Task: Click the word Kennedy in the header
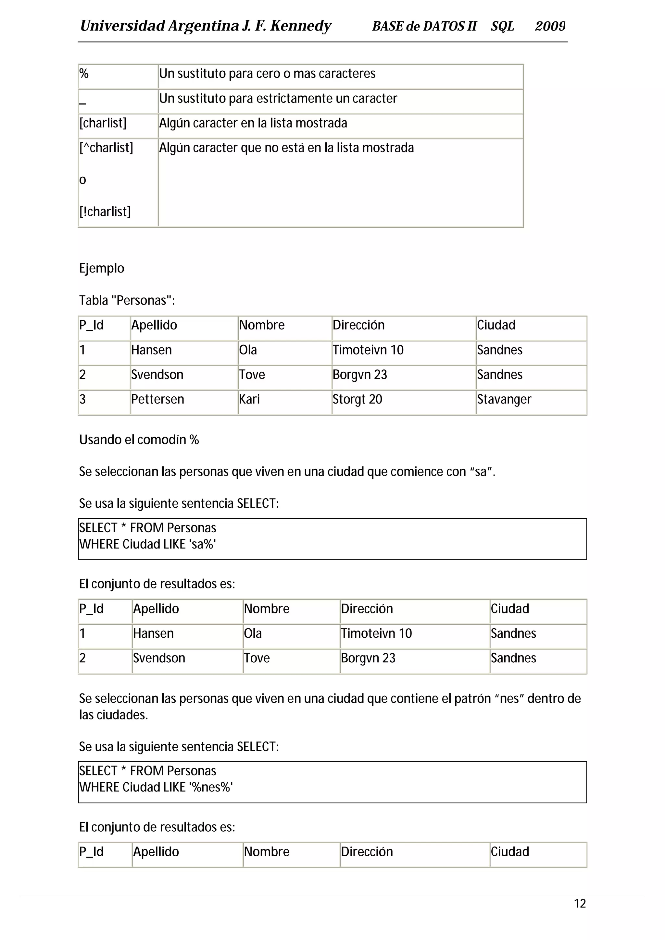coord(300,26)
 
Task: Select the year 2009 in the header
coord(550,26)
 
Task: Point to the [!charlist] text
coord(105,212)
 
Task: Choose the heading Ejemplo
coord(102,269)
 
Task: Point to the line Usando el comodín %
coord(139,440)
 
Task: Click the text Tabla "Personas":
coord(127,300)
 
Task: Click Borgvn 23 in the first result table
coord(368,658)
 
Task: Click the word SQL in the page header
coord(502,26)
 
